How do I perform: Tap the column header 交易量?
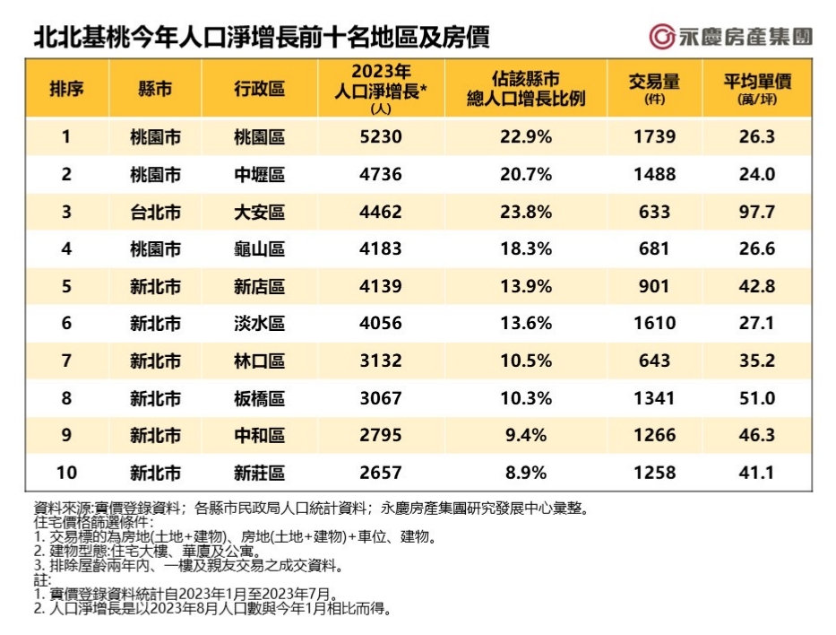tap(655, 87)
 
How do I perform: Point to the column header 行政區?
tap(259, 88)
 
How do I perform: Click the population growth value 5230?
tap(377, 137)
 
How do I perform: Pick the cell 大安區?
tap(259, 213)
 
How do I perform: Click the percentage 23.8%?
tap(526, 213)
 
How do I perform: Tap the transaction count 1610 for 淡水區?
tap(655, 324)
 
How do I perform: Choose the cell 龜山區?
tap(259, 249)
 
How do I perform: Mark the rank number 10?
tap(66, 472)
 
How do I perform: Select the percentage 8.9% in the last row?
tap(526, 472)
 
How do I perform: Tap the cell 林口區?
tap(259, 361)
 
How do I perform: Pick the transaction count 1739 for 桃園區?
tap(655, 137)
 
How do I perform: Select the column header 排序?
tap(66, 88)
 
